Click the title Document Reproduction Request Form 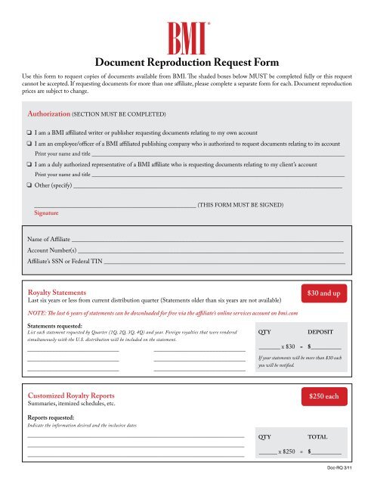[187, 63]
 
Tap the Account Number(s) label [51, 250]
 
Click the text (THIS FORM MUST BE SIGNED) [241, 204]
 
